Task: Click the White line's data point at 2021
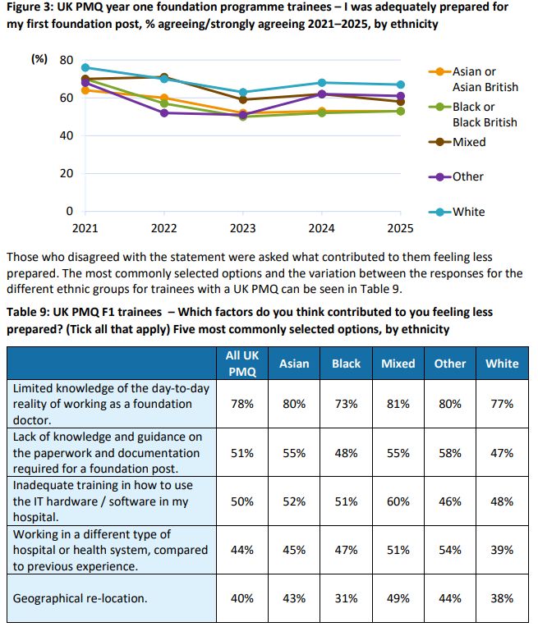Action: coord(85,67)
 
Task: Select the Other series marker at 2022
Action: coord(164,112)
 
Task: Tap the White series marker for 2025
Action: coord(400,85)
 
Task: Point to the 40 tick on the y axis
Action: coord(65,135)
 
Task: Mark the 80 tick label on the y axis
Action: coord(66,60)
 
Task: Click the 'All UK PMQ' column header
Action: coord(241,364)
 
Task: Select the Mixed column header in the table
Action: coord(398,364)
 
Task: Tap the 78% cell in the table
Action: coord(241,404)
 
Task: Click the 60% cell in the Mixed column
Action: coord(398,501)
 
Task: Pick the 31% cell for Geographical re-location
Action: coord(346,598)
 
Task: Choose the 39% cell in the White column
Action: coord(502,549)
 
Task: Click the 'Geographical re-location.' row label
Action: coord(80,598)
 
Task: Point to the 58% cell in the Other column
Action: coord(450,452)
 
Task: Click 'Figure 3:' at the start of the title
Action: coord(30,7)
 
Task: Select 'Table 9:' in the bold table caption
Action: coord(29,312)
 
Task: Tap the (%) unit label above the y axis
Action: coord(39,60)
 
